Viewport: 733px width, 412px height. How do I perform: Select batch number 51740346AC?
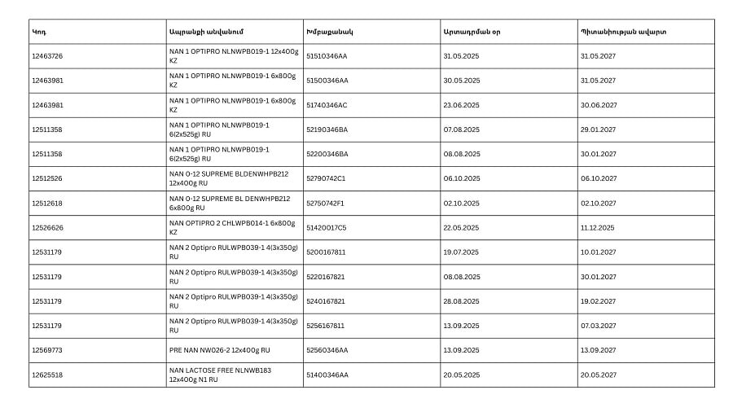click(x=327, y=105)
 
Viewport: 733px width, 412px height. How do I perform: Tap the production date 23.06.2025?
click(x=461, y=105)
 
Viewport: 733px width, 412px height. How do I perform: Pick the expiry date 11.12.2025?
click(x=597, y=228)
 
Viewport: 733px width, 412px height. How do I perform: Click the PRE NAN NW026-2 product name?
click(x=219, y=350)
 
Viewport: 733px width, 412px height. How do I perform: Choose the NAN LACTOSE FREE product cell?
click(x=220, y=375)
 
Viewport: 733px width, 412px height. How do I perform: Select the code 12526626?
click(x=47, y=228)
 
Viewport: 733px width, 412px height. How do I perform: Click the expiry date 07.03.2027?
click(x=598, y=326)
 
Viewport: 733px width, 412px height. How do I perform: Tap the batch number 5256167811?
click(x=326, y=326)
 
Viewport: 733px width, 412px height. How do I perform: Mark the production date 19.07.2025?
click(x=461, y=252)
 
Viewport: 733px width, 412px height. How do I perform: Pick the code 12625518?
click(x=47, y=375)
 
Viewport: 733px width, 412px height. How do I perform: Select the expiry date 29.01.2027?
click(x=598, y=129)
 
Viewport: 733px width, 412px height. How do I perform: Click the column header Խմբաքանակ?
click(x=329, y=32)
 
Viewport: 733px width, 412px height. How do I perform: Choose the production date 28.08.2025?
click(x=461, y=301)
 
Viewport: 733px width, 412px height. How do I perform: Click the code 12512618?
click(x=47, y=203)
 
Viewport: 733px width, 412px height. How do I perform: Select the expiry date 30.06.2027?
click(x=598, y=105)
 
